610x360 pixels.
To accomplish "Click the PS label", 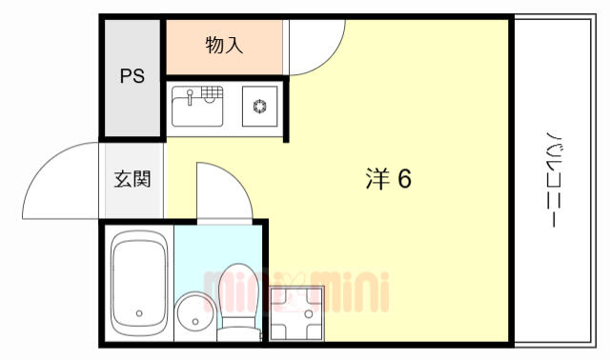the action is tap(132, 76).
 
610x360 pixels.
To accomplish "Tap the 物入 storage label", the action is tap(224, 45).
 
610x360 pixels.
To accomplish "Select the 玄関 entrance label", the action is tap(132, 179).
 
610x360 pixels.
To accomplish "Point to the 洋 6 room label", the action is tap(388, 179).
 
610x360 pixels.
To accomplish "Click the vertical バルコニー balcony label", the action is tap(553, 179).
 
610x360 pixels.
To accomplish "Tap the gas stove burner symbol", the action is tap(260, 106).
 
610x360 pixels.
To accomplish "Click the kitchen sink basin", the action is tap(197, 111).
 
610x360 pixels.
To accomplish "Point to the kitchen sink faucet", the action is tap(190, 97).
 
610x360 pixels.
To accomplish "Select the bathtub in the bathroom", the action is tap(139, 283).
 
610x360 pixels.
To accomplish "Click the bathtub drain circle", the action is tap(139, 313).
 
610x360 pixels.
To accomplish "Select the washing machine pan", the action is tap(296, 313).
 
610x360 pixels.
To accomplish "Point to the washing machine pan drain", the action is tap(309, 313).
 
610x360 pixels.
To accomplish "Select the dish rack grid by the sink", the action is tap(212, 92).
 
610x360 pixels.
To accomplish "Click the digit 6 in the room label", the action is tap(404, 179).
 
